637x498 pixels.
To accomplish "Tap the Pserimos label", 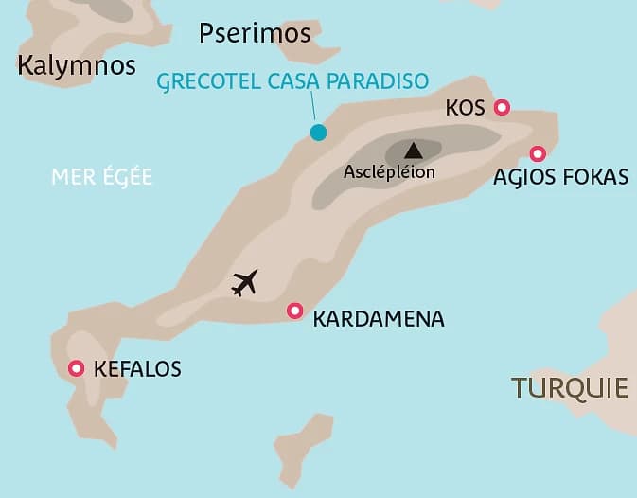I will click(255, 34).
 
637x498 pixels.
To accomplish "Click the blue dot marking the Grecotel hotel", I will click(318, 133).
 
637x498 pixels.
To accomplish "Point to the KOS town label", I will click(465, 109).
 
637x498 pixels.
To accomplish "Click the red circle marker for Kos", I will click(502, 108).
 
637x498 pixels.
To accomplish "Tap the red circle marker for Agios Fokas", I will click(537, 153).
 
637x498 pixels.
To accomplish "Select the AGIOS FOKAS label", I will click(560, 177).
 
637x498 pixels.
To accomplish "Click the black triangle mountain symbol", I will click(413, 150).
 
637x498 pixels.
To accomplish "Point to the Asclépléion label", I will click(389, 172).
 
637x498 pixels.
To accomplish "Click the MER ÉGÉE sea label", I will click(102, 177).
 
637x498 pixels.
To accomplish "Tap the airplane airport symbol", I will click(244, 282).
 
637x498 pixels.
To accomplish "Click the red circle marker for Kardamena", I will click(294, 311).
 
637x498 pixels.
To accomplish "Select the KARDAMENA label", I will click(378, 318).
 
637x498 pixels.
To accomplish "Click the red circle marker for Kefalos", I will click(76, 368).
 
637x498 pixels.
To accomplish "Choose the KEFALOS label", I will click(137, 369).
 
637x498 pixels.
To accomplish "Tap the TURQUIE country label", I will click(569, 387).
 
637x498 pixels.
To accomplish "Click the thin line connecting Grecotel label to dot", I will click(312, 109).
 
